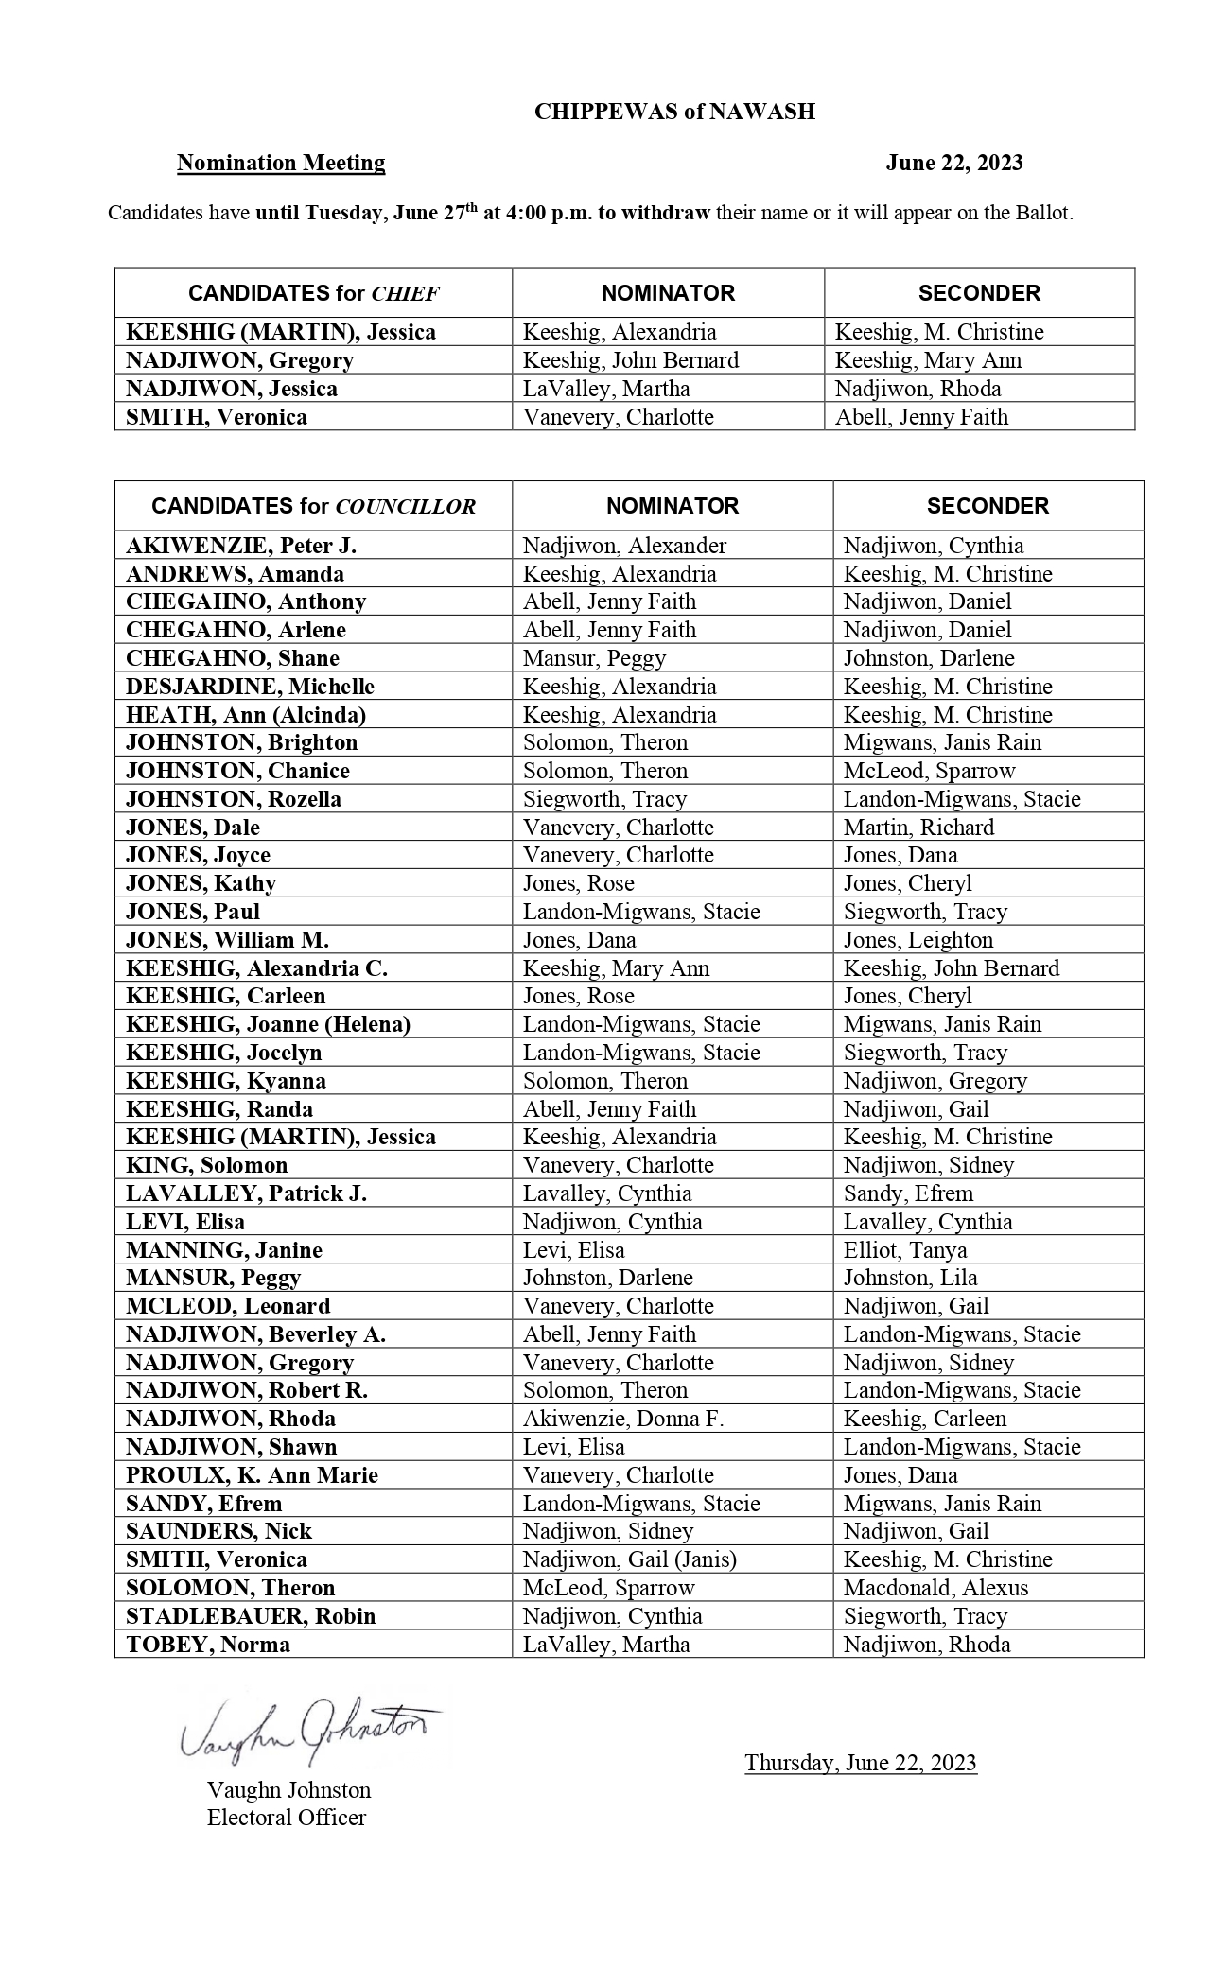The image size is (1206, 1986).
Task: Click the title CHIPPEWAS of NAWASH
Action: (673, 112)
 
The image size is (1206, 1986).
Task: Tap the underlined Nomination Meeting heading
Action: (281, 163)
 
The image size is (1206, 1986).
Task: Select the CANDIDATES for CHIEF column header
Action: (313, 293)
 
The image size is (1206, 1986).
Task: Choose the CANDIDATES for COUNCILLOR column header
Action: (313, 506)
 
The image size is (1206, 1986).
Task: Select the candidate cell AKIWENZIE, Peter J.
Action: (241, 546)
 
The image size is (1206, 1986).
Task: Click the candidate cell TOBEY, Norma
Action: (208, 1645)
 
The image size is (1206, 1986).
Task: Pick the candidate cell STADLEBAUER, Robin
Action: (251, 1616)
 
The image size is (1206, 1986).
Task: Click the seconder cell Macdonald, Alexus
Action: (935, 1588)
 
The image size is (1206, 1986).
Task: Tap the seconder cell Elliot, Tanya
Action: (904, 1250)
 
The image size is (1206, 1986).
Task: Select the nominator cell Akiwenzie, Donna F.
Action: (622, 1419)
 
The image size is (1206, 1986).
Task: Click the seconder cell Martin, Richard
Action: (918, 827)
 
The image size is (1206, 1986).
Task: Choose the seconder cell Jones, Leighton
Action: (918, 940)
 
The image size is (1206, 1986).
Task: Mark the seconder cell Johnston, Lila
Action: (910, 1278)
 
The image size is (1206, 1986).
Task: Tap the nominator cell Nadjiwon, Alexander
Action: (624, 546)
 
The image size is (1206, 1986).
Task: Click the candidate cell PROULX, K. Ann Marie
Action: (252, 1475)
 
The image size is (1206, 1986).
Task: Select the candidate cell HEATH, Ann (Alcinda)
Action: (246, 715)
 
